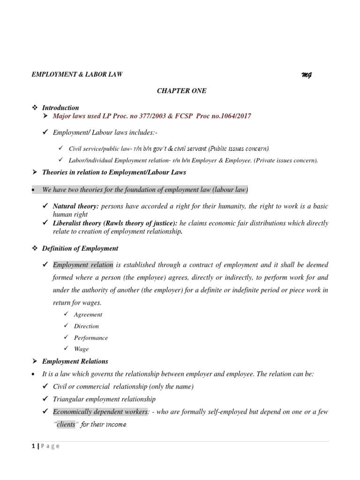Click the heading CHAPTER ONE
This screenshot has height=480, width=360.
click(x=181, y=91)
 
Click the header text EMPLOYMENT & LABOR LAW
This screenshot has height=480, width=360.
click(x=77, y=75)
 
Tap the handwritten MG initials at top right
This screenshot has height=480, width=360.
click(x=307, y=75)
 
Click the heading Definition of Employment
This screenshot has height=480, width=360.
click(x=80, y=248)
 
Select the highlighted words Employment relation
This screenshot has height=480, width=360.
click(x=83, y=265)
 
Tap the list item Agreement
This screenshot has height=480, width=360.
click(x=88, y=315)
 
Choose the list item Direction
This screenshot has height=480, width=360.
click(x=86, y=326)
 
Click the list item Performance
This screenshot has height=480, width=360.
click(x=91, y=337)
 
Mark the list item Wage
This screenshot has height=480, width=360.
click(x=81, y=349)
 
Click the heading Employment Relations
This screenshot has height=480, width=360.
click(x=75, y=361)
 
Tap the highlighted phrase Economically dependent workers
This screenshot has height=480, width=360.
click(x=94, y=412)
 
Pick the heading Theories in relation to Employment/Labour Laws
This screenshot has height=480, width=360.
click(x=114, y=172)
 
